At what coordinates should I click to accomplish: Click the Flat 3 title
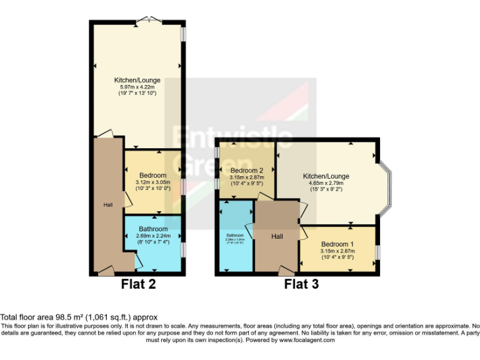301,284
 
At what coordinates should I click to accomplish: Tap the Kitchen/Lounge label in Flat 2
137,81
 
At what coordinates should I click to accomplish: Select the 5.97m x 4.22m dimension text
137,87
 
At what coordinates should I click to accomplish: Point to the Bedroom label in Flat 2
152,175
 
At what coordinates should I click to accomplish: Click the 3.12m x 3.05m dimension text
152,182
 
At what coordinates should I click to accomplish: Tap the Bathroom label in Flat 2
153,229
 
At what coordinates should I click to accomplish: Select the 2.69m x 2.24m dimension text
153,236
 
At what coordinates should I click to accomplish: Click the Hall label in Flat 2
108,205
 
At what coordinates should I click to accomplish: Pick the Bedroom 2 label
247,171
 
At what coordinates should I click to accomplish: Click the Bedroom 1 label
337,244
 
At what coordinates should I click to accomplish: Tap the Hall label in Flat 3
277,236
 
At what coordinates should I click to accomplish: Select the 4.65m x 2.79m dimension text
326,183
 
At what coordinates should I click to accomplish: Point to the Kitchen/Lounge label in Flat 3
326,176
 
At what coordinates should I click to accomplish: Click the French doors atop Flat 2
147,21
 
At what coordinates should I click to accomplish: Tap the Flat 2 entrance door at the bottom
106,272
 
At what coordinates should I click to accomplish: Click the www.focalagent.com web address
307,341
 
